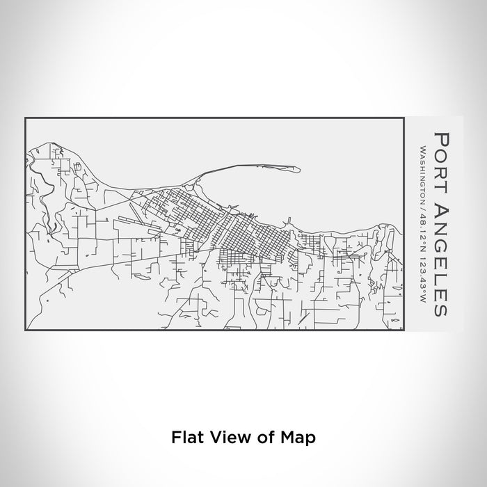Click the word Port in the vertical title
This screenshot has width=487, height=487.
click(x=441, y=157)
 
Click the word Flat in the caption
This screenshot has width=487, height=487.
click(x=184, y=438)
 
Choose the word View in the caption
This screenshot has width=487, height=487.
click(x=226, y=438)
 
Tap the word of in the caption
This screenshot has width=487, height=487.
click(x=261, y=438)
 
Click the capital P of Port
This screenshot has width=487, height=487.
click(x=441, y=135)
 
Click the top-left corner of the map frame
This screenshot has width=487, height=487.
click(x=25, y=118)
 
